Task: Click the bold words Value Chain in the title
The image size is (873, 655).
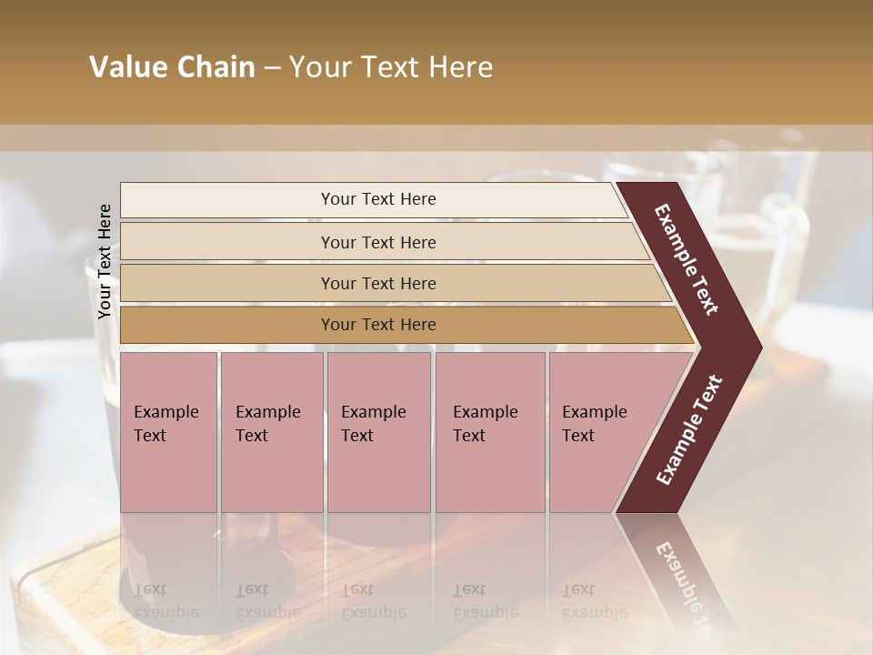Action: (x=172, y=67)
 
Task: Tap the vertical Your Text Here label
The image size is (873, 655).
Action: (x=105, y=261)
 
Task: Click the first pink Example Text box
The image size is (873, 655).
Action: (x=168, y=432)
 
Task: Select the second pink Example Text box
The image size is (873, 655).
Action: (x=271, y=432)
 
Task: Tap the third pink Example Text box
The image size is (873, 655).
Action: (x=378, y=432)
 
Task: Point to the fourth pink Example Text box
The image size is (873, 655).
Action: (x=489, y=432)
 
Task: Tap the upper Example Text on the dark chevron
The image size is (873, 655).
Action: (x=687, y=259)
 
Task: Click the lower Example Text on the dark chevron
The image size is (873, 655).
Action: (x=689, y=430)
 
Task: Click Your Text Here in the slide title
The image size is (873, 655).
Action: (x=391, y=67)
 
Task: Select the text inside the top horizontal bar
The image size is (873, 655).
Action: (x=378, y=199)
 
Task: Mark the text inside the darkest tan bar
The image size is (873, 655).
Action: (x=378, y=325)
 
